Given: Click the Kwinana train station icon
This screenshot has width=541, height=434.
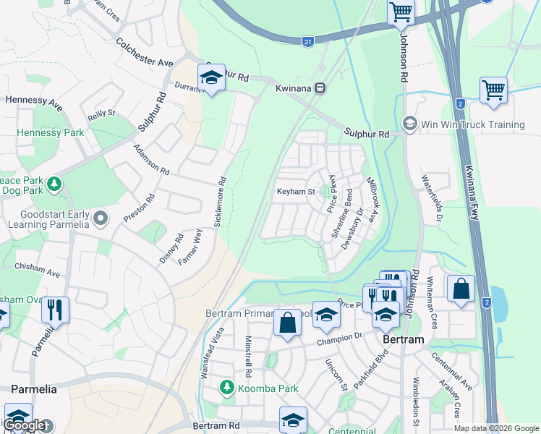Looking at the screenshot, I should tap(320, 88).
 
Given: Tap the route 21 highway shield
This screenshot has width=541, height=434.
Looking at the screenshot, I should tap(307, 43).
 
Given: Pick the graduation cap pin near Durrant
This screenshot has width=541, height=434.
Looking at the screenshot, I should tap(211, 78).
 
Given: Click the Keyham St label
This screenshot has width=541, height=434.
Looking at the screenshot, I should tap(296, 192).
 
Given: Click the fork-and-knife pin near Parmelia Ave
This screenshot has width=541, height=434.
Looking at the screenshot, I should tap(55, 310).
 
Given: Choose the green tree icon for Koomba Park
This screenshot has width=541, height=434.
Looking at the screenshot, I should tap(227, 388).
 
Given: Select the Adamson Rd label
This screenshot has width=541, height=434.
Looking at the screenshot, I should tap(150, 160).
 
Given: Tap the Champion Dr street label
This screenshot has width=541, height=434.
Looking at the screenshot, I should tap(338, 337).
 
